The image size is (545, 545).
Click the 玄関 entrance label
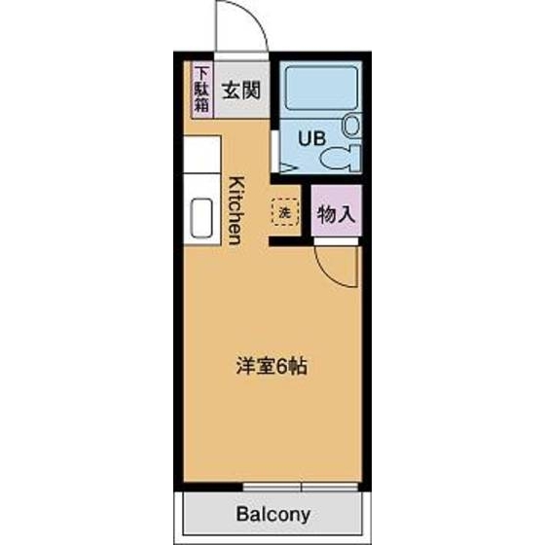(x=239, y=91)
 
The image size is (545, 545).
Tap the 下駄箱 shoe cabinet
(x=201, y=91)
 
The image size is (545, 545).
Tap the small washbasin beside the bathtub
(x=351, y=126)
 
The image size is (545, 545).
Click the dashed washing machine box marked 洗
(x=285, y=211)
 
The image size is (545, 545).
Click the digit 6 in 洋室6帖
(x=282, y=368)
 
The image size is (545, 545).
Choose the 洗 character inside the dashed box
(x=285, y=211)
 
